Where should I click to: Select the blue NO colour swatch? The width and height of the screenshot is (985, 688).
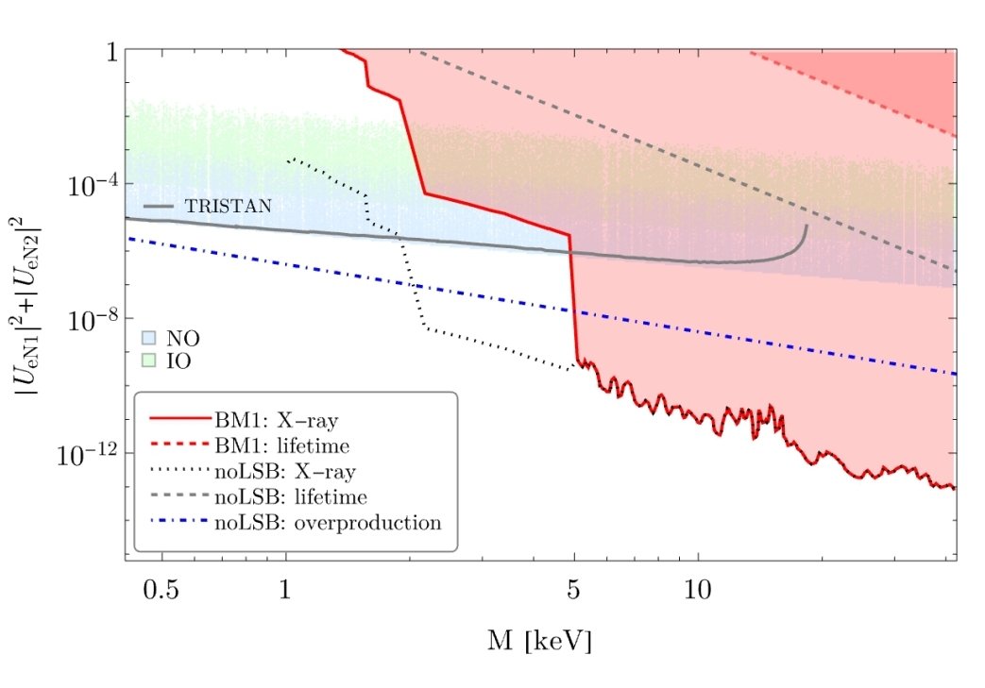click(148, 337)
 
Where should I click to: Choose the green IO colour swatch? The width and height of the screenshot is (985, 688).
click(148, 360)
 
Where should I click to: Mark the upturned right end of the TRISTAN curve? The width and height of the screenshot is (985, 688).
click(806, 228)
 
